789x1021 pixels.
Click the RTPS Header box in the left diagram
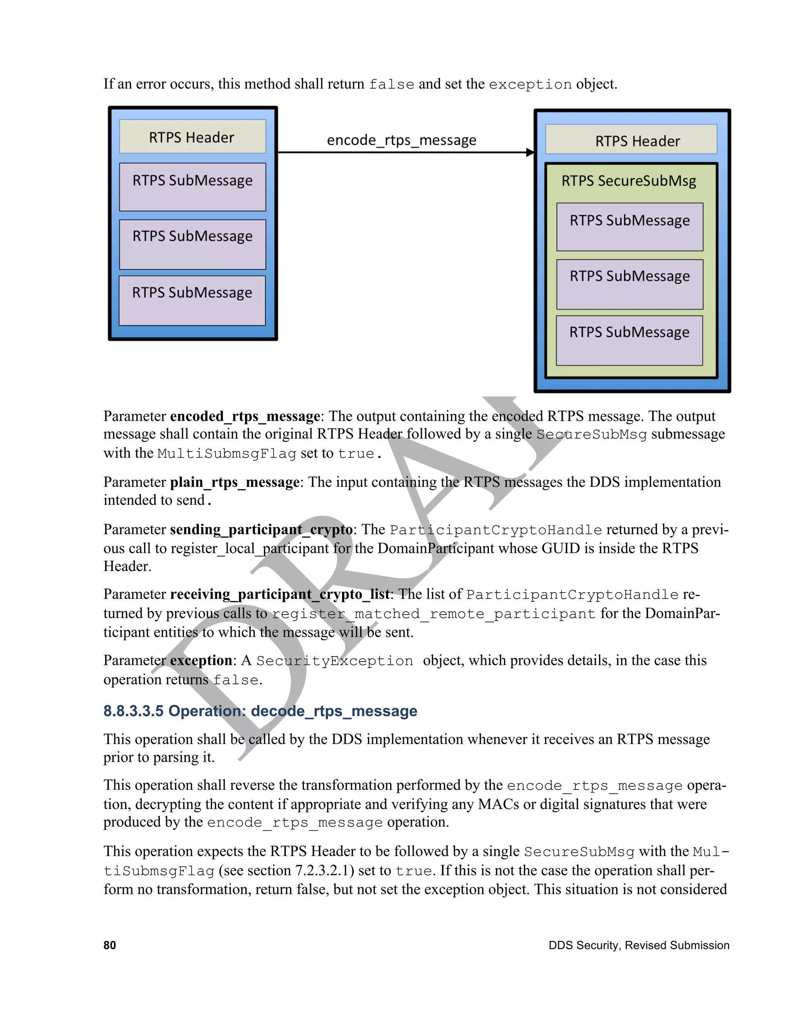click(x=192, y=136)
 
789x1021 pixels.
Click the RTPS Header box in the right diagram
click(x=631, y=139)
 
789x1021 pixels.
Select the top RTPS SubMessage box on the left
click(x=192, y=186)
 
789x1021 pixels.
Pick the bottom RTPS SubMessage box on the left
click(x=192, y=300)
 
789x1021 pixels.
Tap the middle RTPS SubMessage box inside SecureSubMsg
click(x=630, y=284)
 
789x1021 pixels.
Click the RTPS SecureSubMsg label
click(x=629, y=181)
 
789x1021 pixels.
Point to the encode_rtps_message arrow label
click(x=401, y=140)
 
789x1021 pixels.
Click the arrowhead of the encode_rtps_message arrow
click(x=530, y=152)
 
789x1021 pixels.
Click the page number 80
click(x=109, y=945)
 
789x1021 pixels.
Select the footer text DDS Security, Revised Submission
click(x=638, y=945)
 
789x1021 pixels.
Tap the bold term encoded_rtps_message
click(x=245, y=416)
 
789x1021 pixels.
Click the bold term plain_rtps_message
click(x=235, y=482)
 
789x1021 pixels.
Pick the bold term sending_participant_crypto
click(x=261, y=529)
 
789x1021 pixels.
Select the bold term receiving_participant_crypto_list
click(x=280, y=594)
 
